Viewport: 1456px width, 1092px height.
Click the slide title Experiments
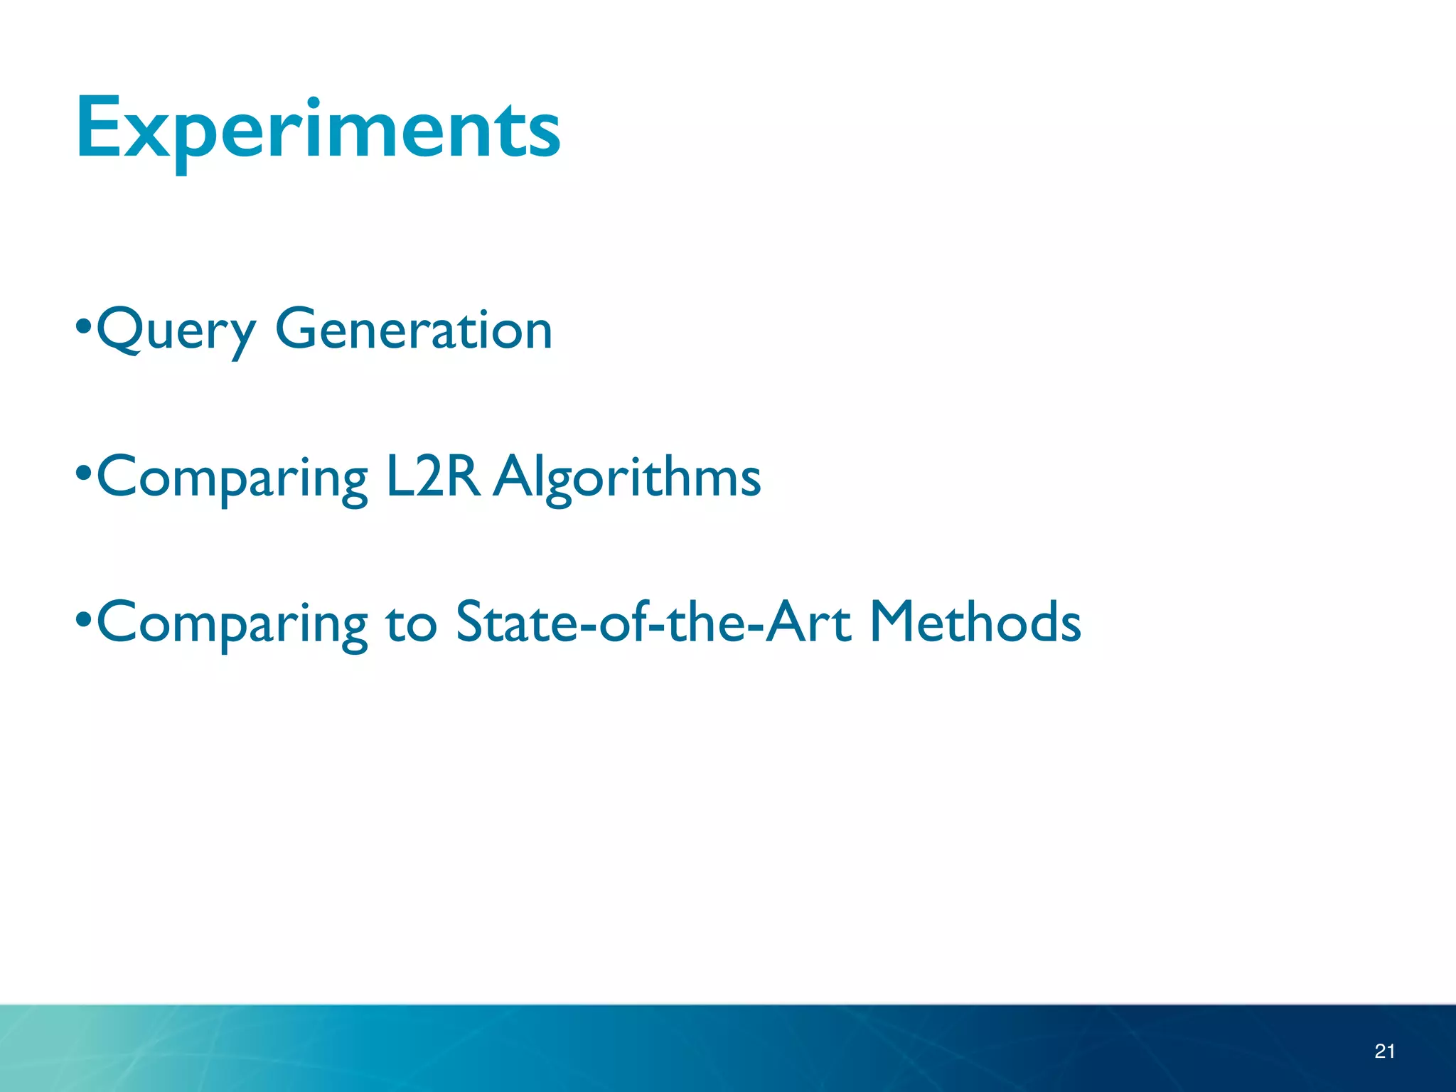point(318,129)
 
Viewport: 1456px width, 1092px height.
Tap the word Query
point(176,331)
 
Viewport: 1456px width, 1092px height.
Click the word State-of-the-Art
point(653,621)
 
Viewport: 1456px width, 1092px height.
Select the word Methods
point(975,621)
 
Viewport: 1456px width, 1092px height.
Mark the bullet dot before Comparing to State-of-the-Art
point(84,618)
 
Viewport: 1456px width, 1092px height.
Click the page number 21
point(1384,1051)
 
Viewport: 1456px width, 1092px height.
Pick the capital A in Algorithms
point(515,476)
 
